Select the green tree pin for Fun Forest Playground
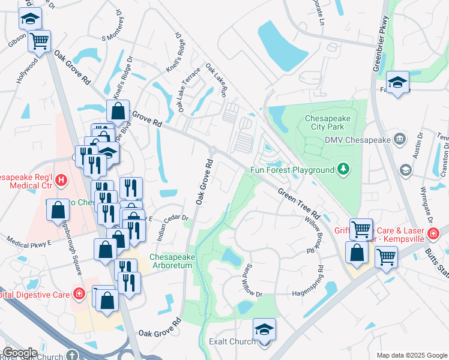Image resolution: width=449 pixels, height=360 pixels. [x=343, y=170]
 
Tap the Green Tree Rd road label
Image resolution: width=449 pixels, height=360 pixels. [x=298, y=205]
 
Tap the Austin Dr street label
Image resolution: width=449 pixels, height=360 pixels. [x=418, y=145]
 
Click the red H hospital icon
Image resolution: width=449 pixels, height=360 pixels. [x=60, y=179]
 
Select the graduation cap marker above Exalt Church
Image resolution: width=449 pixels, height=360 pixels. [x=264, y=329]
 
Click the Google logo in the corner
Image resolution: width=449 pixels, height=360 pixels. [x=20, y=352]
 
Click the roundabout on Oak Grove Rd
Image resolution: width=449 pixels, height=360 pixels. [x=212, y=149]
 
